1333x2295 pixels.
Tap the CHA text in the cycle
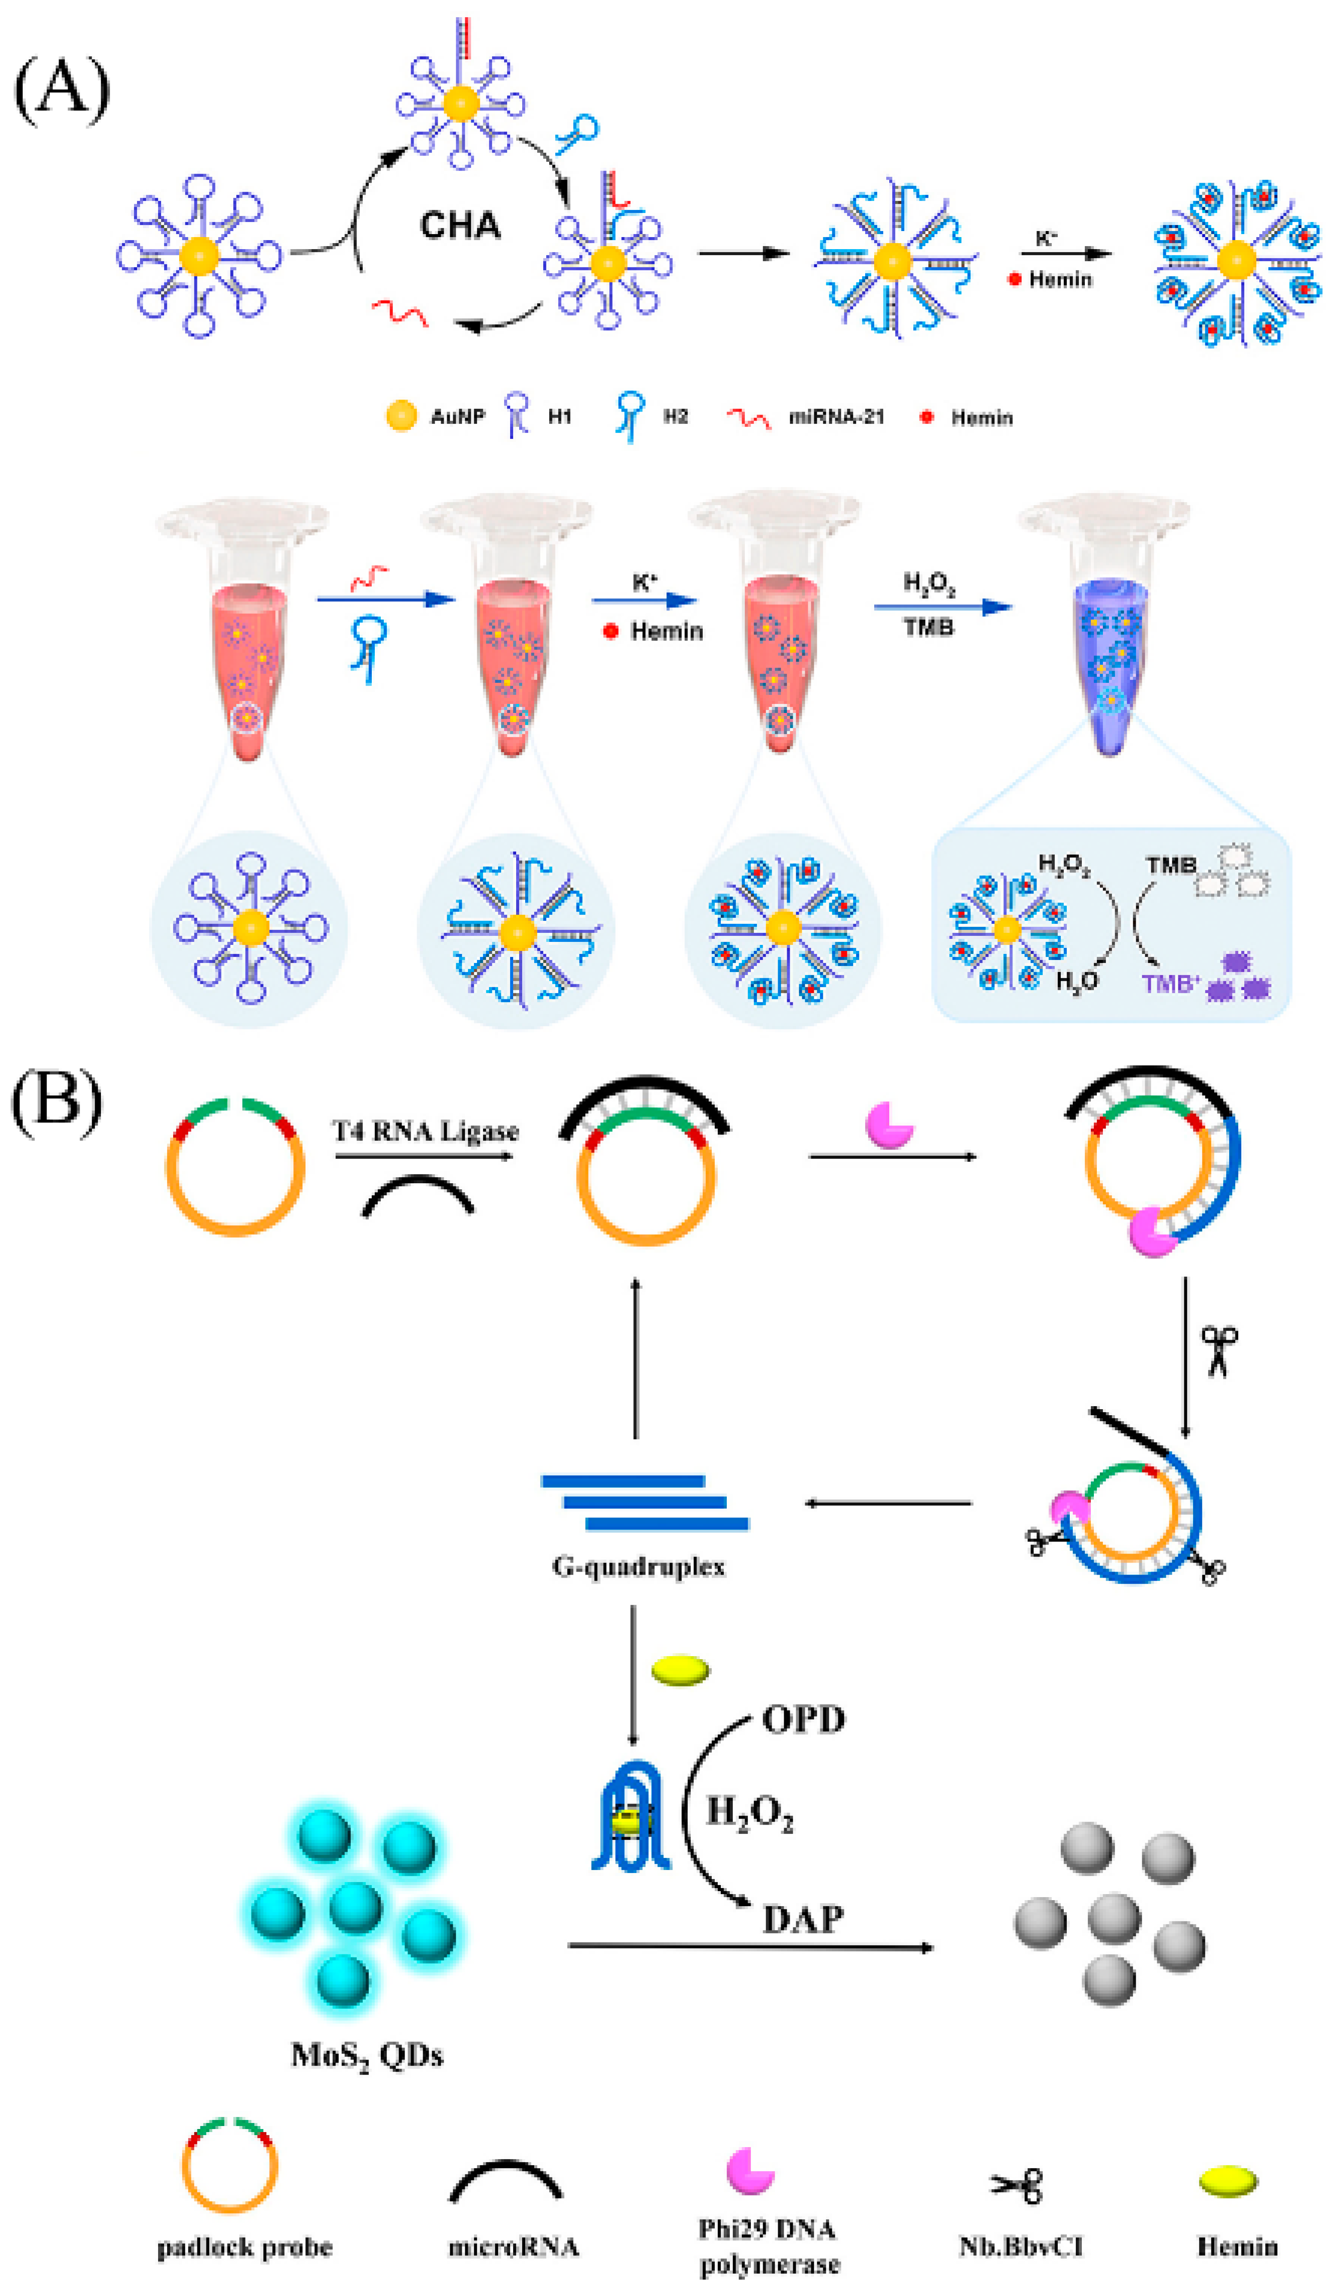coord(460,225)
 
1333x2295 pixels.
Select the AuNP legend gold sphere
coord(401,416)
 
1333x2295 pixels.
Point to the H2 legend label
coord(675,417)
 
